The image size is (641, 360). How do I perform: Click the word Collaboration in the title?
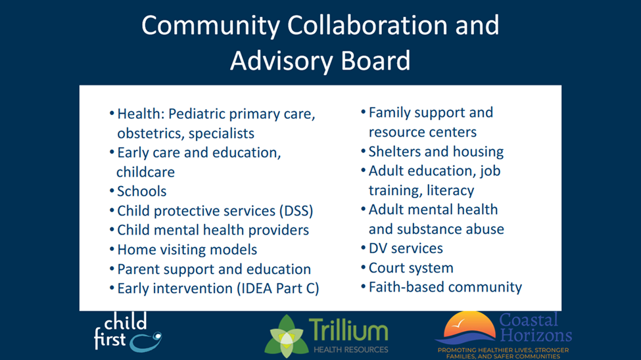367,26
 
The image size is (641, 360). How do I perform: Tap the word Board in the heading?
375,60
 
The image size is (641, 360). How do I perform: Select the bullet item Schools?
142,191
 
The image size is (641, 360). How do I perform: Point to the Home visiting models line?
187,250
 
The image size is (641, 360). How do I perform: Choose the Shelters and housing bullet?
436,152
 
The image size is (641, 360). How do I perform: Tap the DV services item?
406,248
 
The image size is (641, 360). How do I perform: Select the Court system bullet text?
412,268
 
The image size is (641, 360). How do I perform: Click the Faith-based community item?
445,287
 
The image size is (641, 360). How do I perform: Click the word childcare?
145,172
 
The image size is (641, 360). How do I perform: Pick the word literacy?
450,191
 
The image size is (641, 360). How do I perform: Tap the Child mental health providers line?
213,230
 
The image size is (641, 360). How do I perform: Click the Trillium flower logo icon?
287,336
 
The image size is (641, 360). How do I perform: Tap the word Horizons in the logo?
536,335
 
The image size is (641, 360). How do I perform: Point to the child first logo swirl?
145,342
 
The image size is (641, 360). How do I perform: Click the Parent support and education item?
214,269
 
